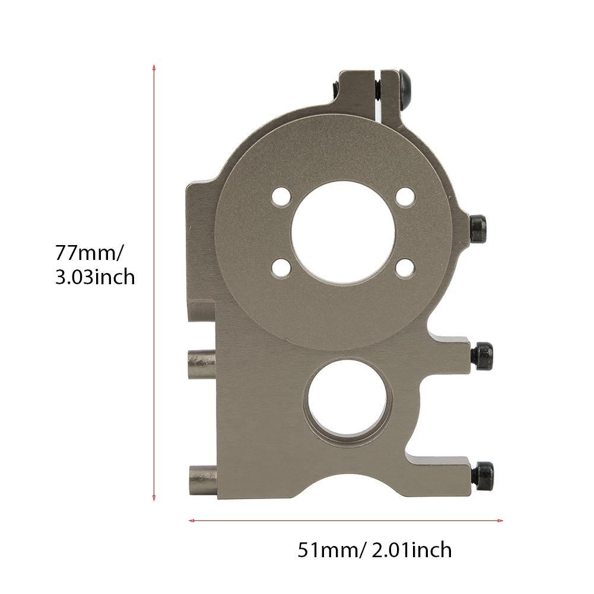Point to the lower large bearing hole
(348, 402)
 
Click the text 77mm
(89, 253)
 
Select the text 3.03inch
(95, 277)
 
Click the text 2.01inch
(409, 550)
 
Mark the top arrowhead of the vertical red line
(154, 66)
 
